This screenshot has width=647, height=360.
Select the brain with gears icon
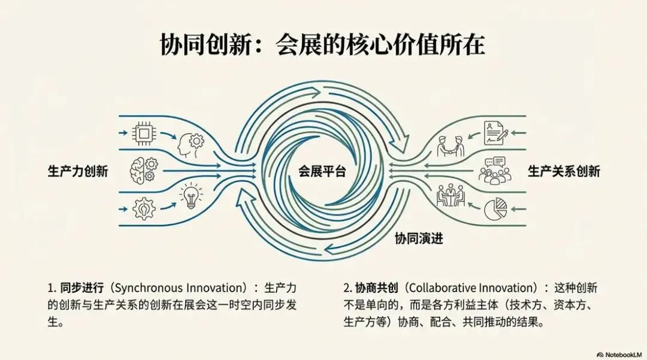tap(144, 170)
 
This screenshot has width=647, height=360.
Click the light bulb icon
tap(192, 196)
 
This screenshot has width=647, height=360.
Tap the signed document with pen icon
tap(495, 132)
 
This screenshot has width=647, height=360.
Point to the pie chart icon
tap(495, 209)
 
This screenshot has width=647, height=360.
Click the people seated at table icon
tap(451, 196)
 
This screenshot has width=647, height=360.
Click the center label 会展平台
tap(323, 171)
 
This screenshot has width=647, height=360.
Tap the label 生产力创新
tap(78, 171)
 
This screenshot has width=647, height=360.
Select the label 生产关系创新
tap(564, 171)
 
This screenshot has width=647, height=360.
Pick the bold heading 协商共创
tap(368, 288)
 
